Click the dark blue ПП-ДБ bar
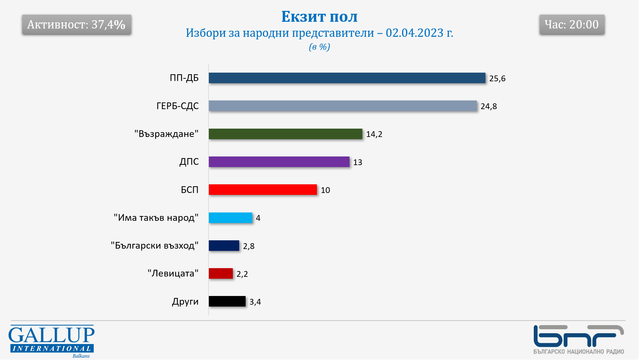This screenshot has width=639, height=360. click(x=347, y=78)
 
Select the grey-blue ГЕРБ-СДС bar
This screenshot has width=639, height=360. click(x=343, y=106)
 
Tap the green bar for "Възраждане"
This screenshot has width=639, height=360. click(x=285, y=134)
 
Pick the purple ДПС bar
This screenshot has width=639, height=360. click(x=279, y=162)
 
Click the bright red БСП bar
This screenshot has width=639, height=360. click(x=263, y=189)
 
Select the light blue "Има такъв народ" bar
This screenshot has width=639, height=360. click(x=230, y=218)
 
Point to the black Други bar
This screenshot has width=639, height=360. click(x=227, y=301)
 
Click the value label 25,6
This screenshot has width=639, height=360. click(x=497, y=78)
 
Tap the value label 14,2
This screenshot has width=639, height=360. click(x=374, y=134)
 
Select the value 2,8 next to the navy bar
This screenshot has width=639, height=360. click(x=248, y=246)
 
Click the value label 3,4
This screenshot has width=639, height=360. click(x=255, y=302)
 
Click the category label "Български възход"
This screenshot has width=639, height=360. click(x=154, y=245)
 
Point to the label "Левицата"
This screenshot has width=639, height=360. click(x=173, y=273)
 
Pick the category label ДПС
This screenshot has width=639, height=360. click(x=189, y=162)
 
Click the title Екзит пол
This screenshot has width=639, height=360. click(x=319, y=17)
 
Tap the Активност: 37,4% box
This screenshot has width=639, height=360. click(x=76, y=24)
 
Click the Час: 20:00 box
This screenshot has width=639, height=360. click(x=572, y=24)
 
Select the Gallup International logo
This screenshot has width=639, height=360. click(x=51, y=341)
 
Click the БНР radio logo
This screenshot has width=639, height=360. click(x=578, y=339)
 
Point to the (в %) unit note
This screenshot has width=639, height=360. click(x=319, y=47)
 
